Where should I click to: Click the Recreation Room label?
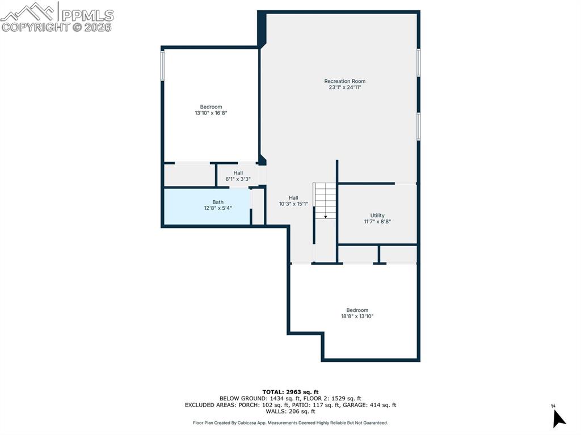pos(344,81)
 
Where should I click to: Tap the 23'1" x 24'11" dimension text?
pos(344,87)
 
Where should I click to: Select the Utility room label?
pos(377,216)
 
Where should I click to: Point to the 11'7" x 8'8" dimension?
pos(377,222)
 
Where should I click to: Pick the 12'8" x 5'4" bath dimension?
pos(218,208)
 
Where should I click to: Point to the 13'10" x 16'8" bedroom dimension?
pos(211,113)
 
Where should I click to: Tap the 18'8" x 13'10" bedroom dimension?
pos(357,316)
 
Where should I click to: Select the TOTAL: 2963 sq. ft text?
pos(290,392)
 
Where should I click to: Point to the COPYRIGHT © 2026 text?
pos(57,27)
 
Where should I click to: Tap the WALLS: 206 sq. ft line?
pos(290,412)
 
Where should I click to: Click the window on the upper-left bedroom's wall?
pos(163,65)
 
